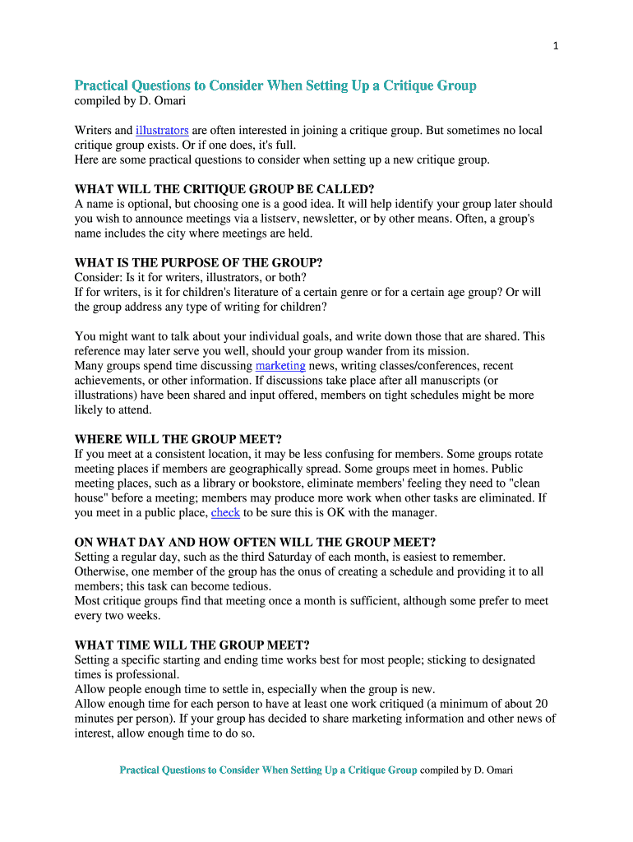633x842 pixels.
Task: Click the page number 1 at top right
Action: [x=556, y=46]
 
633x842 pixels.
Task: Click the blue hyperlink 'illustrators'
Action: [x=163, y=130]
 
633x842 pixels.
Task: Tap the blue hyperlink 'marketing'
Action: [x=280, y=365]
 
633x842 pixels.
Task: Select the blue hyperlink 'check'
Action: [x=225, y=512]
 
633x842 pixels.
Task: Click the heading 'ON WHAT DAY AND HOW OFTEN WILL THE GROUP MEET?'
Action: [x=255, y=542]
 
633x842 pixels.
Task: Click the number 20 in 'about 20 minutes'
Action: [x=541, y=704]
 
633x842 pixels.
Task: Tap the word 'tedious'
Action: [x=248, y=586]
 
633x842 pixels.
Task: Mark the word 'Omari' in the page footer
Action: [x=497, y=770]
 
